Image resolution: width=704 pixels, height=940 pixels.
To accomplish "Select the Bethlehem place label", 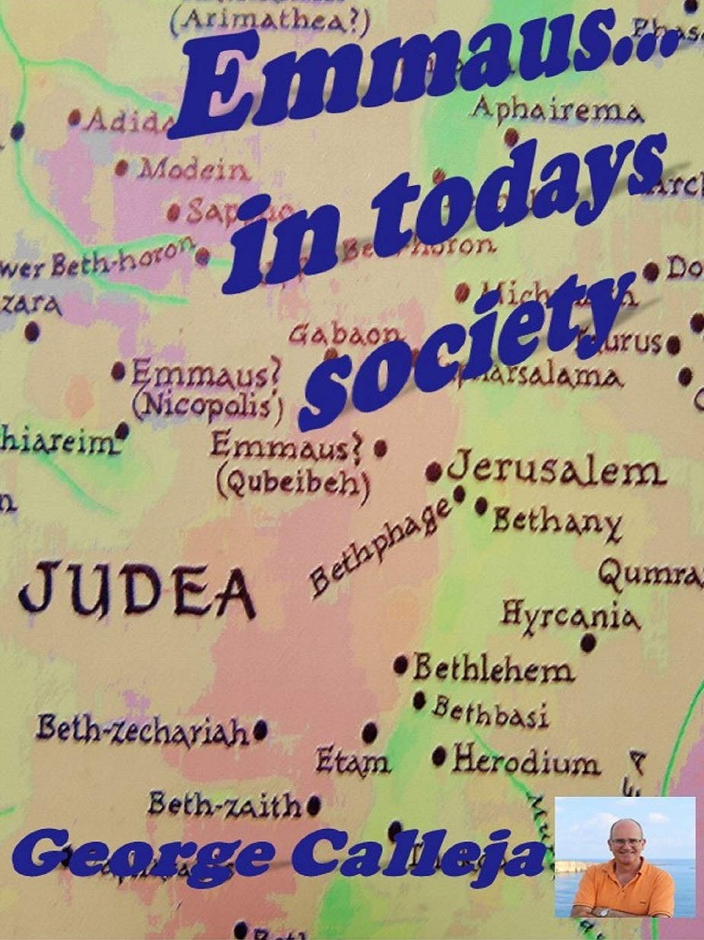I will [x=492, y=669].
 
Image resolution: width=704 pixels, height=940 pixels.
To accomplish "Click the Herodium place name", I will [x=525, y=761].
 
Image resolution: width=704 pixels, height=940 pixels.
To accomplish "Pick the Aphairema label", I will [x=556, y=110].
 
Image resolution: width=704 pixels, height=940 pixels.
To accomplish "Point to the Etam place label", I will [x=352, y=761].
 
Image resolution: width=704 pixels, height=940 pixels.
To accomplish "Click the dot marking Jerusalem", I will [x=434, y=472].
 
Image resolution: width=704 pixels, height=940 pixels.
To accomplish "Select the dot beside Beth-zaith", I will [x=314, y=805].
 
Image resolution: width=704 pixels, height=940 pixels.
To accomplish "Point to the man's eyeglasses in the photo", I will [x=626, y=841].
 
